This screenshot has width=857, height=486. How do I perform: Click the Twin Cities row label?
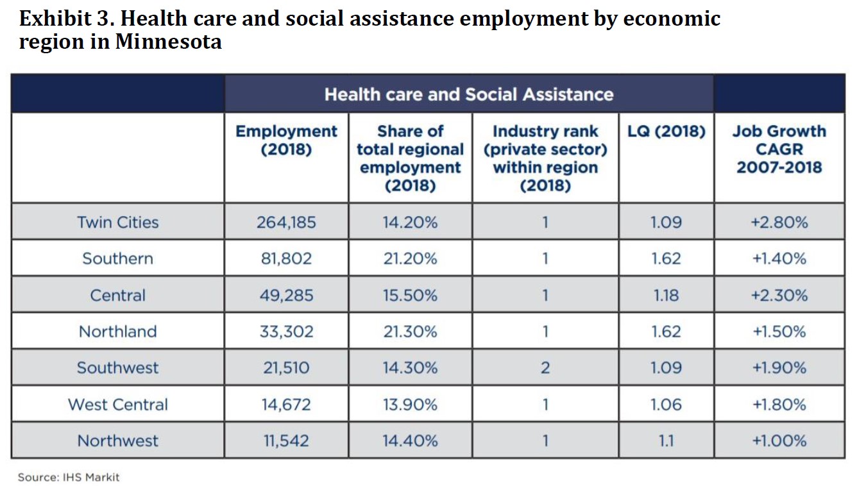[117, 222]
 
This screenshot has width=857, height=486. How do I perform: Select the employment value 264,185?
[286, 222]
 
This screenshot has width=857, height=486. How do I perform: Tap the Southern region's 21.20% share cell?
[410, 259]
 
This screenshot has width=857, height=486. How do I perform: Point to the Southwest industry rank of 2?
[545, 368]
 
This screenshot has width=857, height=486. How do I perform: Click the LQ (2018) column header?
[666, 131]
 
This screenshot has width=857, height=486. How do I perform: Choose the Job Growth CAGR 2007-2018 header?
[779, 149]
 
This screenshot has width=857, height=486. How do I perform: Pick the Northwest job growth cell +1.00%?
[779, 441]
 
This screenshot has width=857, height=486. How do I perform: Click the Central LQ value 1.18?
[666, 296]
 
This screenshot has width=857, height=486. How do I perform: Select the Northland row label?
[117, 331]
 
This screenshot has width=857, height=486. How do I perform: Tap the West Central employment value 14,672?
[286, 405]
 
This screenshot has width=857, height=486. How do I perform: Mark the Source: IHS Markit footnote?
[68, 477]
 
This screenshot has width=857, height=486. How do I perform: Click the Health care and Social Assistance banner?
[468, 95]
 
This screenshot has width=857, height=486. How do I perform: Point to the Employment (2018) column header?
[286, 140]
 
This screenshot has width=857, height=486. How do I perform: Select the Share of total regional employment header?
[410, 158]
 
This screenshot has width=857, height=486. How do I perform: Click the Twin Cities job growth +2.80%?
[779, 222]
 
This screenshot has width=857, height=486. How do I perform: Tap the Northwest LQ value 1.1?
[666, 441]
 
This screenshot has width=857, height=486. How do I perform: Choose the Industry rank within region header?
[545, 158]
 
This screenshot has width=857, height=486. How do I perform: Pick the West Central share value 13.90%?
[410, 405]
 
